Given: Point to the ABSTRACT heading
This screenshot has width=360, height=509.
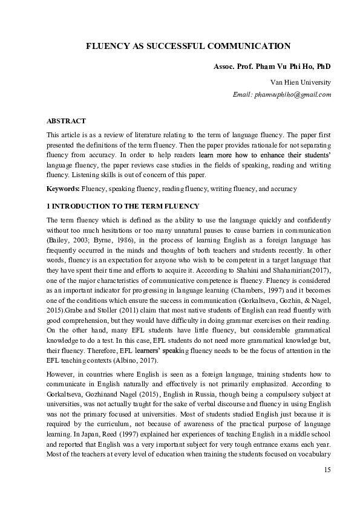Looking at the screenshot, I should click(x=66, y=121).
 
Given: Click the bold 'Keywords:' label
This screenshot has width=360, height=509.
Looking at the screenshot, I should click(x=64, y=189).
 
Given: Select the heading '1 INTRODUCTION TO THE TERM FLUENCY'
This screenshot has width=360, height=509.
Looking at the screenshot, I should click(x=111, y=207).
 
